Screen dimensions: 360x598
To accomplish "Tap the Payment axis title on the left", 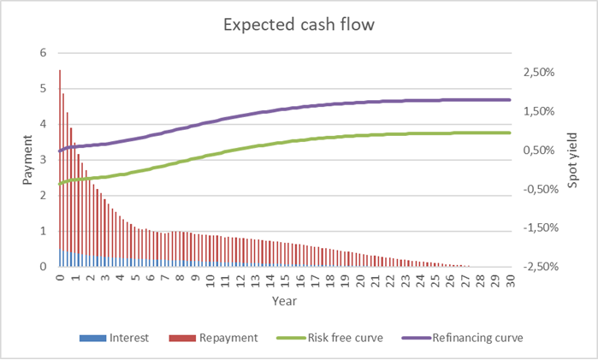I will coord(27,160).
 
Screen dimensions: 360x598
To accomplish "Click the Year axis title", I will coord(284,302).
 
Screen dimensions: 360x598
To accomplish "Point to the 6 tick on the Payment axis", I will coord(42,53).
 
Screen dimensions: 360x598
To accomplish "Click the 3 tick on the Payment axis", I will coord(42,160).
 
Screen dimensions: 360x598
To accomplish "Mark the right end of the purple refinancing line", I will coord(509,100).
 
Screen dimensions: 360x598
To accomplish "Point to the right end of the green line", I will coord(509,133).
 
